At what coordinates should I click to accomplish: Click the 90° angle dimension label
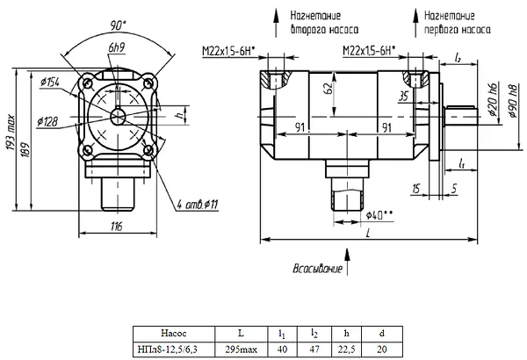[x=118, y=25]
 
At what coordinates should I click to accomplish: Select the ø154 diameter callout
[x=50, y=82]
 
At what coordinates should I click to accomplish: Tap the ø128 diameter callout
[x=47, y=122]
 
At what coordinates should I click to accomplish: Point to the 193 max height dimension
[x=11, y=133]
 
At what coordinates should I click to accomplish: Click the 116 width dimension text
[x=116, y=227]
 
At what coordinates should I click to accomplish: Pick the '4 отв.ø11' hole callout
[x=198, y=204]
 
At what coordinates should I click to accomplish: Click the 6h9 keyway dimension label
[x=117, y=47]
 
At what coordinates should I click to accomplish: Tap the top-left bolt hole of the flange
[x=88, y=83]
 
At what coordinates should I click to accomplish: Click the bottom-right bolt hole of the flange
[x=148, y=149]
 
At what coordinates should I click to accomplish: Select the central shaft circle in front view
[x=118, y=117]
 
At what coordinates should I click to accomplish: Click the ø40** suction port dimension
[x=379, y=215]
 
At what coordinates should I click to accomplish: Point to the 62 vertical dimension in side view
[x=328, y=88]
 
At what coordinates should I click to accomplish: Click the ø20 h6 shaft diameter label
[x=494, y=99]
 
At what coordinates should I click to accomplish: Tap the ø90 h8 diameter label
[x=513, y=100]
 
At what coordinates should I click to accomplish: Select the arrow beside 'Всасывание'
[x=347, y=262]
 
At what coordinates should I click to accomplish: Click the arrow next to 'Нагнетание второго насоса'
[x=276, y=23]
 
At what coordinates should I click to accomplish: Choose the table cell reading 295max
[x=241, y=349]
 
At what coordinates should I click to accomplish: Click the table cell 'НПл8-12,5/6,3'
[x=174, y=349]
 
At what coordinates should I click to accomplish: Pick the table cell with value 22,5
[x=347, y=349]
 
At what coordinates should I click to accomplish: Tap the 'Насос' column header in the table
[x=174, y=334]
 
